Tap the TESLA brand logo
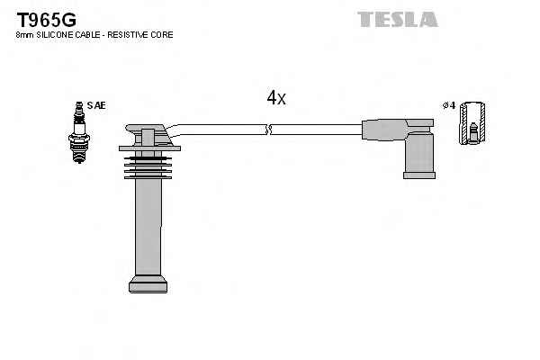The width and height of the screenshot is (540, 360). click(397, 19)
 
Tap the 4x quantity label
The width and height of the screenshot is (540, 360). click(276, 98)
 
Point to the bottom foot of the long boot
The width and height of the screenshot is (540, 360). click(148, 285)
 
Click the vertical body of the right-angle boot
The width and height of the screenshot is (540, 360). click(418, 148)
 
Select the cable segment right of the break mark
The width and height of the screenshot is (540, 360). click(315, 130)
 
